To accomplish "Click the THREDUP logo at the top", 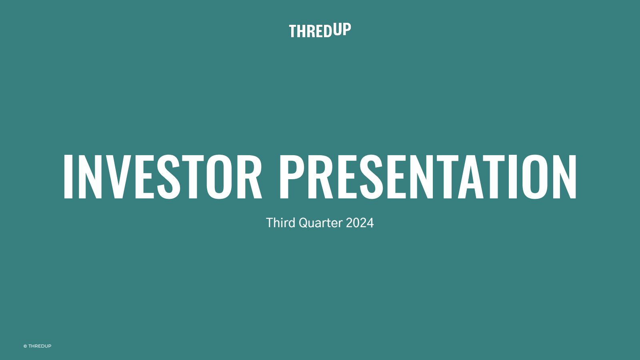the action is [x=320, y=30].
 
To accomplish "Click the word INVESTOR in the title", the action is [x=162, y=176].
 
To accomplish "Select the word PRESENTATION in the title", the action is [x=428, y=176].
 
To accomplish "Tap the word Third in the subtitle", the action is [x=280, y=222].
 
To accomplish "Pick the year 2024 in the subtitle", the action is [x=360, y=223].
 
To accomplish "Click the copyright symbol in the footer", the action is [x=25, y=346].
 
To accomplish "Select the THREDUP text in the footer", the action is [x=40, y=346].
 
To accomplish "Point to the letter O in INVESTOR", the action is [x=219, y=176].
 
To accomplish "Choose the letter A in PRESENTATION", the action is [x=470, y=176].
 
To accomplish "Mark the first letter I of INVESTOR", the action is [x=68, y=176].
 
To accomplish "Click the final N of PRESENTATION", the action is [x=564, y=176].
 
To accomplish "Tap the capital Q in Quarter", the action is [x=304, y=223].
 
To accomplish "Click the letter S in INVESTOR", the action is [x=168, y=176].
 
